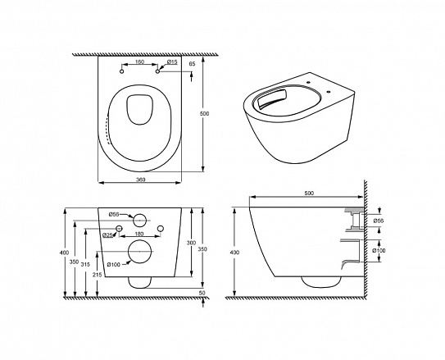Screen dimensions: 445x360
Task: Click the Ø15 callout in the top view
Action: coord(172,62)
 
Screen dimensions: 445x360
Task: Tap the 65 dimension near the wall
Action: coord(192,64)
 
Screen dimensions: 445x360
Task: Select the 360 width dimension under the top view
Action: coord(140,180)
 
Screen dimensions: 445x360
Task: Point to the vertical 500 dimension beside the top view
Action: coord(204,113)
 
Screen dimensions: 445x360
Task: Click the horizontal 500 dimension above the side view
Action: coord(309,193)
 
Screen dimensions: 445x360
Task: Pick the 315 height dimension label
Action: coord(85,264)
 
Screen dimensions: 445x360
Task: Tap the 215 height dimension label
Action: coord(97,275)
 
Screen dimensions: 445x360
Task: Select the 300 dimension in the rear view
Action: coord(191,243)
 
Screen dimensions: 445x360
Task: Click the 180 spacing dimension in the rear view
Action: coord(139,234)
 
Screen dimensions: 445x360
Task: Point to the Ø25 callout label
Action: coord(108,235)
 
